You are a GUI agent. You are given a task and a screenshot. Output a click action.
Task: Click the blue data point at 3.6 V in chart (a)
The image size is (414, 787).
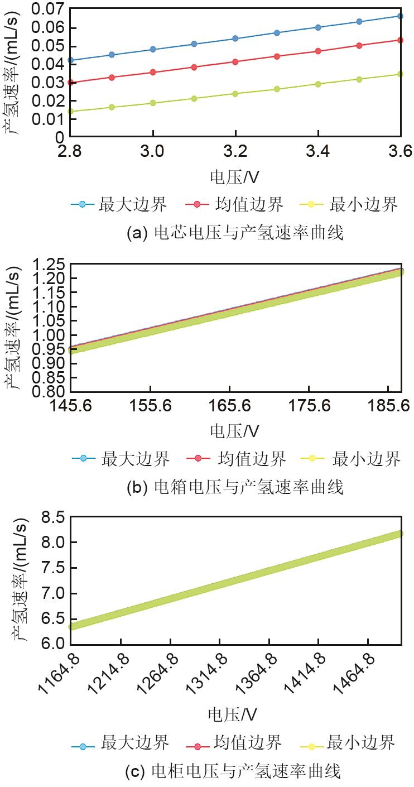coord(401,16)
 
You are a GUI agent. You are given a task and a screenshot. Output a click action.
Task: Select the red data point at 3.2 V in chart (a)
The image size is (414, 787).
coord(235,62)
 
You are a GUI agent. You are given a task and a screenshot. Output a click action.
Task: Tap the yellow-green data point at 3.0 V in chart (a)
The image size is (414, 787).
coord(153,103)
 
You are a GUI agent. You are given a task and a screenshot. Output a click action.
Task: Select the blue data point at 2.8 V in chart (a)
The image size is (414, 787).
coord(70,60)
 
